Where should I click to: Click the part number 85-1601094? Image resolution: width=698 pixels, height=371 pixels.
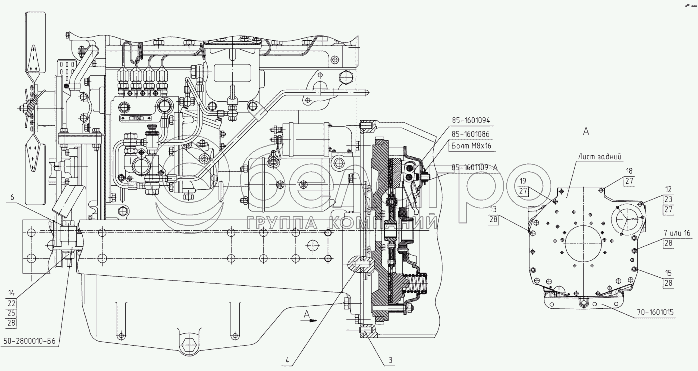(471, 120)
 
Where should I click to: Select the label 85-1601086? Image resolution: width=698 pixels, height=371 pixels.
(471, 134)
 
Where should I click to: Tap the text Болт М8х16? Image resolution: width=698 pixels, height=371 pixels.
(471, 146)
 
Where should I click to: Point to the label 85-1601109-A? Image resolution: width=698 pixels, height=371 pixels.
(475, 168)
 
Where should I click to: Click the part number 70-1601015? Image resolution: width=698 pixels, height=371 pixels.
(654, 312)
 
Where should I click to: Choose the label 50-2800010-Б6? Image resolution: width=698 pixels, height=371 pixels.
(29, 341)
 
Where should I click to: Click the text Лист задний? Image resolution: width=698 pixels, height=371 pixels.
(600, 156)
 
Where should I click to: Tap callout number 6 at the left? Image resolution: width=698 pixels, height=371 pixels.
(12, 197)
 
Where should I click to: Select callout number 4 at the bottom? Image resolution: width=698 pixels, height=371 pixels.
(287, 361)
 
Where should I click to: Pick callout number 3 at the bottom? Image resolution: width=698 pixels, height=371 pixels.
(390, 360)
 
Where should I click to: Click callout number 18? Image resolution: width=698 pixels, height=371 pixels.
(629, 171)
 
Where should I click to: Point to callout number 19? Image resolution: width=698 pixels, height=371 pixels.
(523, 181)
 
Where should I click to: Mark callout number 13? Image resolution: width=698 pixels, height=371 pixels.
(493, 209)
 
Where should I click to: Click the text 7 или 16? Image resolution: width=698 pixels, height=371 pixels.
(677, 233)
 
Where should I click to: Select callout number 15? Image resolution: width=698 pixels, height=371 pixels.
(668, 273)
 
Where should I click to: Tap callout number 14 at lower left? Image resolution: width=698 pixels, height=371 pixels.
(11, 293)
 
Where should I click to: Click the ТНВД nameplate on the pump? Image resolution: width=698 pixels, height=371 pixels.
(137, 118)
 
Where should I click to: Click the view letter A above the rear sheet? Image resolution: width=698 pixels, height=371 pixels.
(586, 132)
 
